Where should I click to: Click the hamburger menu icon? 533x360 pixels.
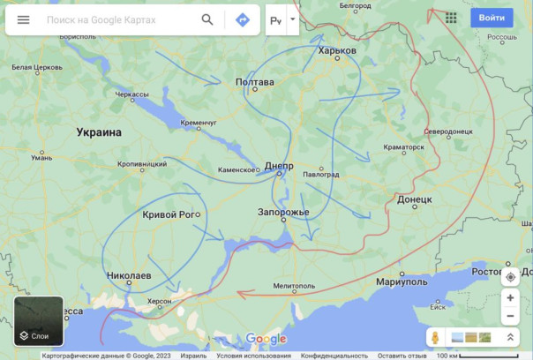[x=23, y=19]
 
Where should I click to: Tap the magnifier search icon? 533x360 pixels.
[x=207, y=19]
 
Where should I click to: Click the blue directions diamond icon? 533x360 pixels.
[x=242, y=19]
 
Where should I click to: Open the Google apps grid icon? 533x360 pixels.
[x=451, y=18]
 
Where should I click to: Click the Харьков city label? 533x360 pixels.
[x=337, y=51]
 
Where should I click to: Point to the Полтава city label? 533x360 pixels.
[x=255, y=82]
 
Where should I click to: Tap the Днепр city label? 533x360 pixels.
[x=279, y=166]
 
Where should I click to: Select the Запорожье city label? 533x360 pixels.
[x=283, y=213]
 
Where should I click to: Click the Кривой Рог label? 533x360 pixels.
[x=169, y=214]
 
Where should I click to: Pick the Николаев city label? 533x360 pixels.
[x=129, y=276]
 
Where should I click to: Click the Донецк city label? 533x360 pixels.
[x=414, y=200]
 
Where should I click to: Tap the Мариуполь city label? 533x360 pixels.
[x=402, y=281]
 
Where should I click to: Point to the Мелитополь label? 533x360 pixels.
[x=294, y=286]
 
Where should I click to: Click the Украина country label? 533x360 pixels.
[x=99, y=132]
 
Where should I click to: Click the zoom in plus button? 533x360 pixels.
[x=510, y=298]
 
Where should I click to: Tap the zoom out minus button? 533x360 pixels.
[x=510, y=316]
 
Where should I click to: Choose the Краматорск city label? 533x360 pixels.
[x=404, y=146]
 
